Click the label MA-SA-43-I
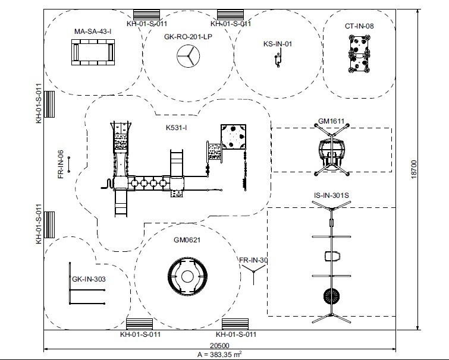93,31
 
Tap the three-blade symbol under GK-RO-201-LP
187,57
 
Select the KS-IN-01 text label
278,43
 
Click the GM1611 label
331,122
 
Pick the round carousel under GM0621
188,276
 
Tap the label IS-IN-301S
331,195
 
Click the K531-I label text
177,127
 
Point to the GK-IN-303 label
89,278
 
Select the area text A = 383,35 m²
219,354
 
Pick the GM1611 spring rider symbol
331,151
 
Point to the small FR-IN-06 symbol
70,164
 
